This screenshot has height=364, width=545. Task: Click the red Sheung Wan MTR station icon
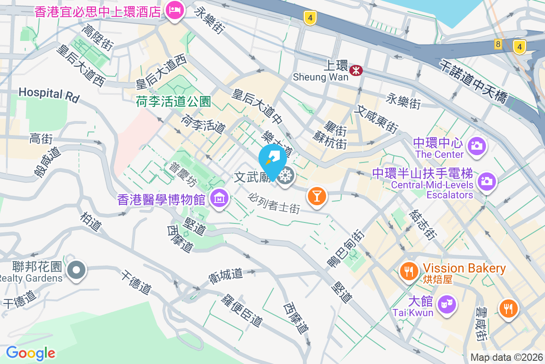356,70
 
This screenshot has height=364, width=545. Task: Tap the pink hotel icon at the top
174,10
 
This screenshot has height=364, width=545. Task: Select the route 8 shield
498,44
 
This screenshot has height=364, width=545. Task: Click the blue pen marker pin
272,159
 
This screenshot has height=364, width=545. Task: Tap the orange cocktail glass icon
317,196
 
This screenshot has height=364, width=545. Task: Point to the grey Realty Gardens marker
76,270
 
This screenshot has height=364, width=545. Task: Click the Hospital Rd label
49,94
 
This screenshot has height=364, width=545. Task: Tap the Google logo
30,353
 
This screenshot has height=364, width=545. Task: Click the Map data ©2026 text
506,358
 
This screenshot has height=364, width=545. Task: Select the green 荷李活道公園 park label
173,101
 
